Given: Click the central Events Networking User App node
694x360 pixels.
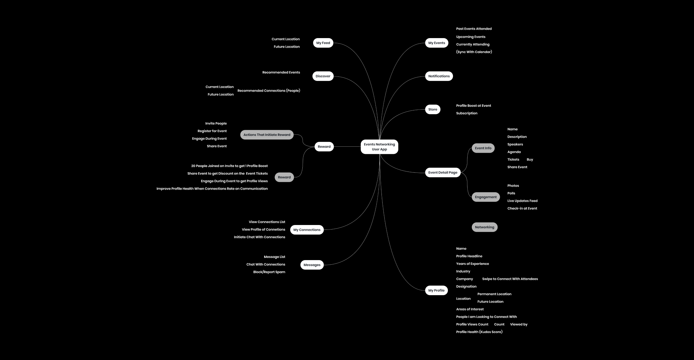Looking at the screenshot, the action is point(379,147).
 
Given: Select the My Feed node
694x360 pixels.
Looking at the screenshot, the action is point(323,43).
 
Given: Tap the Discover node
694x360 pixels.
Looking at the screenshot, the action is point(323,76).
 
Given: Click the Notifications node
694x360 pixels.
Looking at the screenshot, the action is point(439,76).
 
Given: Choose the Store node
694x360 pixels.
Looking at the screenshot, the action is point(433,109).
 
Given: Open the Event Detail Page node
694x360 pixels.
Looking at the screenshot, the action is point(443,172).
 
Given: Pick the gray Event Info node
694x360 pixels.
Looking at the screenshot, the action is point(483,148).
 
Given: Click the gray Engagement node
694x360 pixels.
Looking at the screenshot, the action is point(486,197).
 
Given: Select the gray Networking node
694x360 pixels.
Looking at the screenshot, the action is point(484,227).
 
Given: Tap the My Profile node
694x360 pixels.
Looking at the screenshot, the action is point(436,290).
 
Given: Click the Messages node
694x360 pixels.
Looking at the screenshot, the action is point(312,265).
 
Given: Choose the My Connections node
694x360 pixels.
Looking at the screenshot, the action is point(307,230).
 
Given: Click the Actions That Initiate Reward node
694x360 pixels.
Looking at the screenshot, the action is point(267,135).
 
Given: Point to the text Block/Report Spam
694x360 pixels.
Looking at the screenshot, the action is point(269,272).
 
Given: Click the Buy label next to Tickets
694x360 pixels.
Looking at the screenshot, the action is point(530,160).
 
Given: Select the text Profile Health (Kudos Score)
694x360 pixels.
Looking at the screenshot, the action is point(479,332).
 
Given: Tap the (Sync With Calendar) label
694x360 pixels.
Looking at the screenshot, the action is point(474,52).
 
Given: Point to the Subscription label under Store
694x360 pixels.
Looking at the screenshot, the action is point(467,113).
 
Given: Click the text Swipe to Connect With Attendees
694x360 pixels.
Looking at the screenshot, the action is point(510,279).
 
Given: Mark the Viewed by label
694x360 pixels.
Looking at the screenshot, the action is point(519,324).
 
